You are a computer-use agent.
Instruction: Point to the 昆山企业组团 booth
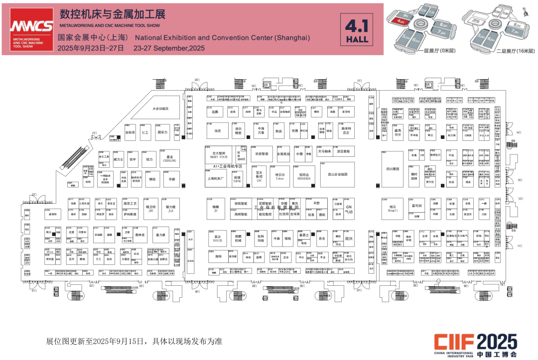(337, 174)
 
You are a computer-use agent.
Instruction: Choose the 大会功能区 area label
(160, 109)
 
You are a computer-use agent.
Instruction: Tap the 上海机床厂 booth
(215, 178)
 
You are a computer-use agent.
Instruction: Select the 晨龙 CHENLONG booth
(169, 159)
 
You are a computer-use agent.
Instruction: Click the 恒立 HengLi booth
(393, 209)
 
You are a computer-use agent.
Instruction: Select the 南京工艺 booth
(130, 204)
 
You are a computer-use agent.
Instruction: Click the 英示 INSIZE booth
(217, 239)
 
